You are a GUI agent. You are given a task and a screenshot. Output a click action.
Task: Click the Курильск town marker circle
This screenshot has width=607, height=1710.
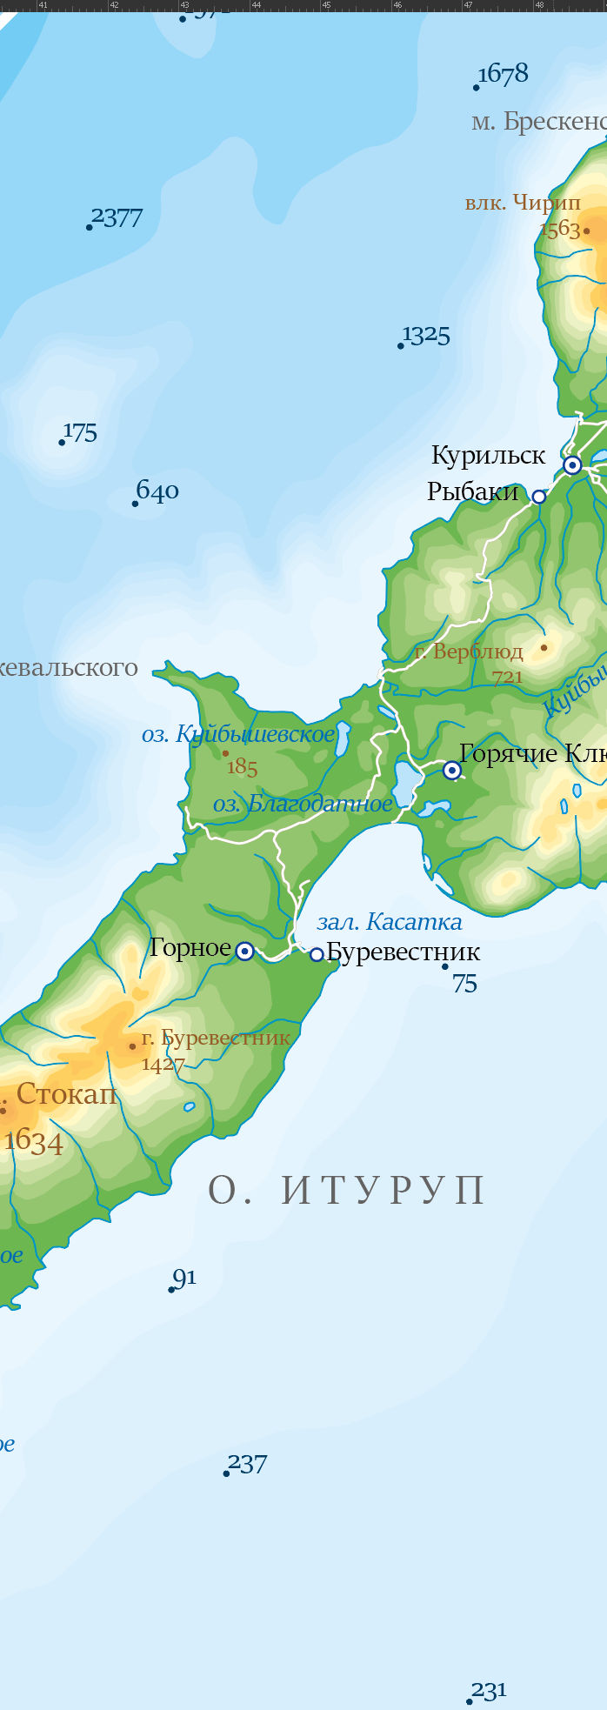point(572,465)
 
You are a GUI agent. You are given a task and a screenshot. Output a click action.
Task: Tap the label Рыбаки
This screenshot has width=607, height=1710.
point(472,492)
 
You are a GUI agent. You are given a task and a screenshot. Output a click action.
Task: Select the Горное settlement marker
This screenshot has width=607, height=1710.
point(245,952)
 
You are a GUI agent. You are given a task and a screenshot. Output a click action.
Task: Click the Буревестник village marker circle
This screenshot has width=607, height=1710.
point(317,955)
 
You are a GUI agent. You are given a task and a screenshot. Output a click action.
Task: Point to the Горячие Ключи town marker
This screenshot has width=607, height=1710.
point(452,770)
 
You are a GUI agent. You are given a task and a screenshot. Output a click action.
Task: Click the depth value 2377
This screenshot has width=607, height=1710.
point(117,217)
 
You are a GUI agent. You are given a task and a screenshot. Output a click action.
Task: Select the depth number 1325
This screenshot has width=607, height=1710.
point(426,336)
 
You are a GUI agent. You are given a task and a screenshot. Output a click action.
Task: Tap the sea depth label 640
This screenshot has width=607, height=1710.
point(157,492)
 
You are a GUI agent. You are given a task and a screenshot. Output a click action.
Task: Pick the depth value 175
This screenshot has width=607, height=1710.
point(80,432)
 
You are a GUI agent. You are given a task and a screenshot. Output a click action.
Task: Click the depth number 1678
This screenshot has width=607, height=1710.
point(504,75)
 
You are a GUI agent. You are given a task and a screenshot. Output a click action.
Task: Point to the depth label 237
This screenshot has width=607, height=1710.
point(248,1465)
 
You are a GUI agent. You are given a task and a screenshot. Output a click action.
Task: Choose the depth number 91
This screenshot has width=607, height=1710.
point(184,1278)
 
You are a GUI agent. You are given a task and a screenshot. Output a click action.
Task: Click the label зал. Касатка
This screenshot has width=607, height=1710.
point(390,922)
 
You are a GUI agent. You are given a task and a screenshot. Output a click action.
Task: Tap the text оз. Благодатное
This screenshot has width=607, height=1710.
point(303,804)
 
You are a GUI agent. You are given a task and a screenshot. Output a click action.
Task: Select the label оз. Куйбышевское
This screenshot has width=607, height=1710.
point(238,735)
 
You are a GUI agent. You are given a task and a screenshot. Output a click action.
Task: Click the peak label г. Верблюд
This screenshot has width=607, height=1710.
point(469,651)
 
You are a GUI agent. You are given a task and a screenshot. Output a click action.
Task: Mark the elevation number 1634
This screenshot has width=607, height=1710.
point(34,1141)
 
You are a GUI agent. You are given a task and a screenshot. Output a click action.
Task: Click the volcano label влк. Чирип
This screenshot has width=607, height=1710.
point(523,204)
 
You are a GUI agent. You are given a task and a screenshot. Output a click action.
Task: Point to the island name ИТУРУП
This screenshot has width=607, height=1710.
point(384,1191)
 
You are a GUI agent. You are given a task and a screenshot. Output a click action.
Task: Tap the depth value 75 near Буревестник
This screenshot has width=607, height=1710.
point(465,984)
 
